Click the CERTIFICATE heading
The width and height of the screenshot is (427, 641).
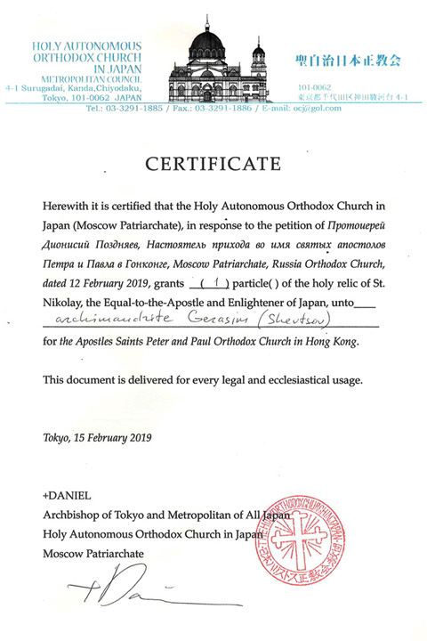coord(213,164)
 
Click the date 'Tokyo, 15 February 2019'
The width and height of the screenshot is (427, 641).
coord(97,437)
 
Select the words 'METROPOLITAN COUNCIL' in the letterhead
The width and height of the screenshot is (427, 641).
coord(71,79)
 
